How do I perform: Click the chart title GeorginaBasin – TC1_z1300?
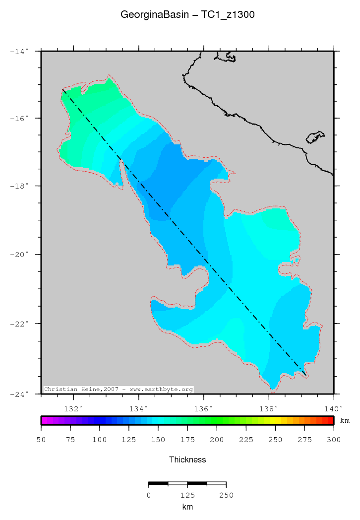point(187,15)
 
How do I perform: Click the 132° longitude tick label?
point(73,409)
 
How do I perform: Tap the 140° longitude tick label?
point(333,409)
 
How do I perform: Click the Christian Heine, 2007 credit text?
point(118,390)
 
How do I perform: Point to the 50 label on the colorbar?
point(41,440)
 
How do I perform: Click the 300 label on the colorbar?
point(334,440)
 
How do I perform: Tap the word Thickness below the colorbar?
point(187,459)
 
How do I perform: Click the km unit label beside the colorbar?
point(345,421)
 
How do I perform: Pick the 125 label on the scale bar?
point(187,495)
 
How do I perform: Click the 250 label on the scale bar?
point(226,495)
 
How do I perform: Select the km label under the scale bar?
point(187,507)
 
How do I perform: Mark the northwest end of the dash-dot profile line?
point(62,89)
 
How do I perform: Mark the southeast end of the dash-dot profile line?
point(305,375)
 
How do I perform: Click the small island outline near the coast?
point(315,137)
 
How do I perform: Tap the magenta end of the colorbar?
point(44,420)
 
